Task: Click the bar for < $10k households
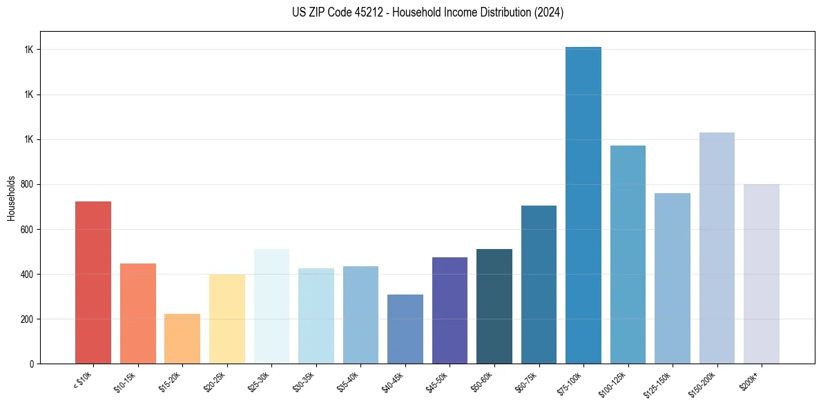[93, 282]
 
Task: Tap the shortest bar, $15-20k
[182, 339]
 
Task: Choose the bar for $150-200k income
[717, 248]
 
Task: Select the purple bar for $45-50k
[450, 310]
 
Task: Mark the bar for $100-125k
[628, 255]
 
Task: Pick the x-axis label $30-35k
[304, 381]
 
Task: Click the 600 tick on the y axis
[28, 229]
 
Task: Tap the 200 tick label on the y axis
[28, 319]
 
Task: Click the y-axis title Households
[11, 198]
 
